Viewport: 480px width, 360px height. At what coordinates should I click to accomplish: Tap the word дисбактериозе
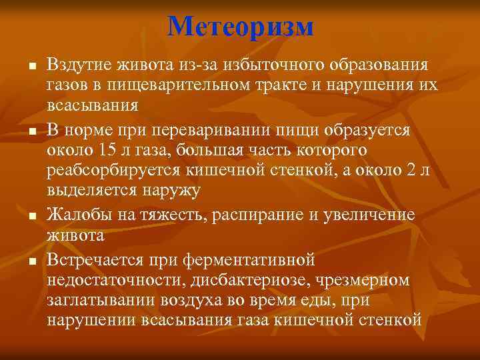tap(265, 279)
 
